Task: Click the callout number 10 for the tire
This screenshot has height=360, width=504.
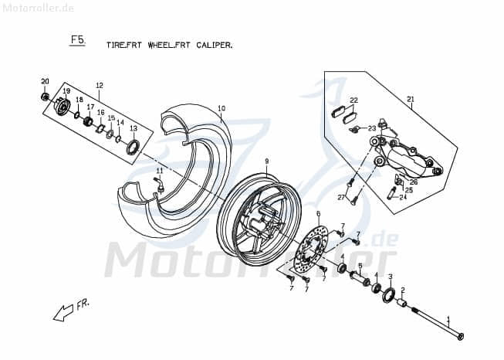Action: pos(221,108)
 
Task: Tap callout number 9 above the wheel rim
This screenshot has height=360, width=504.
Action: pos(266,161)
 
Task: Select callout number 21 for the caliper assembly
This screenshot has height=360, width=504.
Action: pos(411,99)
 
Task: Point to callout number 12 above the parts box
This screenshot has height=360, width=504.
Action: pos(100,85)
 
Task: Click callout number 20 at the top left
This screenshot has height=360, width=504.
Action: pos(45,82)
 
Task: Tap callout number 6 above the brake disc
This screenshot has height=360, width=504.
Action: pos(318,214)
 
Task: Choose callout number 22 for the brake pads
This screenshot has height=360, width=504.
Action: pos(353,100)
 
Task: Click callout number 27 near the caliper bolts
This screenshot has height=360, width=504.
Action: pos(340,198)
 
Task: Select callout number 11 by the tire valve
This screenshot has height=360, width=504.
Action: pos(160,171)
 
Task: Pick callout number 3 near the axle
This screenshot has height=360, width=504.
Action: pos(391,277)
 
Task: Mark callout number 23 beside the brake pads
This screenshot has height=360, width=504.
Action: pos(371,128)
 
